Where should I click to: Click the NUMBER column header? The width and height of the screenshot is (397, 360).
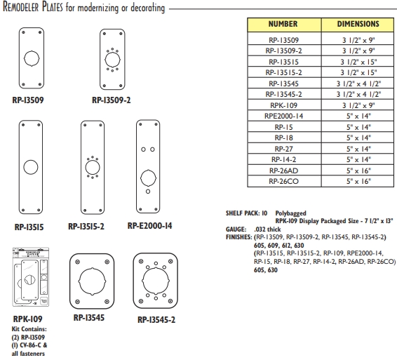pos(283,24)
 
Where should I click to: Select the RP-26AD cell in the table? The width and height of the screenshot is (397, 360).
pos(283,171)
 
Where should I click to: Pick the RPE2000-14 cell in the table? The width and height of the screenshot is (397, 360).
pos(283,115)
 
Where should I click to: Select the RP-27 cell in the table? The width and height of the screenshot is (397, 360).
pos(283,148)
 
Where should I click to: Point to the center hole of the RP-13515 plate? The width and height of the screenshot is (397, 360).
pos(32,168)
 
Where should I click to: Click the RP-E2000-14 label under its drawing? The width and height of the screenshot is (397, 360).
pos(149,226)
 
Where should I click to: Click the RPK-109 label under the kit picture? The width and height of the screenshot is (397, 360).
pos(26,317)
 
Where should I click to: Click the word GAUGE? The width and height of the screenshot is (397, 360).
pos(236,229)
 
